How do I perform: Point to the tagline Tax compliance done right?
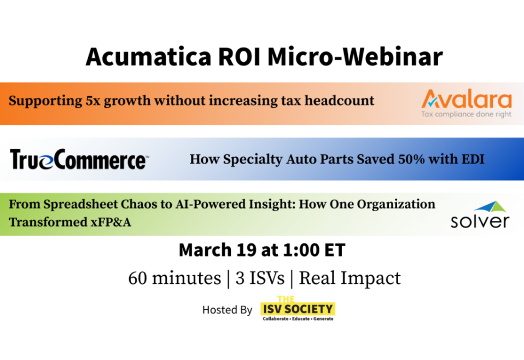[466, 114]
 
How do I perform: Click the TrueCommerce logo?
[78, 160]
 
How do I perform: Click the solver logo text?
[480, 222]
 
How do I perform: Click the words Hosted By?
[227, 310]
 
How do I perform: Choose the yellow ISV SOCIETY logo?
[298, 309]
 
